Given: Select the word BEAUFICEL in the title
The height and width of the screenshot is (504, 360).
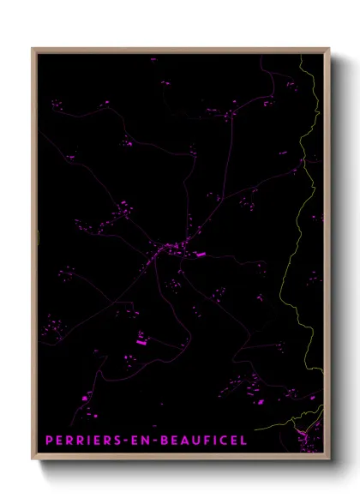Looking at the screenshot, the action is (x=203, y=440).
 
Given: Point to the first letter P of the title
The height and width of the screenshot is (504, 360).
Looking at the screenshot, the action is (x=49, y=440).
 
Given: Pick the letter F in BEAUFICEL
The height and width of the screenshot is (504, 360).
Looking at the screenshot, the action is (x=207, y=440).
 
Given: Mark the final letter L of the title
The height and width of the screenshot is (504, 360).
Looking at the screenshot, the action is (x=243, y=440).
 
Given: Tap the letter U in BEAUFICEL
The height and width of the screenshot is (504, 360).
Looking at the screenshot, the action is (x=195, y=440).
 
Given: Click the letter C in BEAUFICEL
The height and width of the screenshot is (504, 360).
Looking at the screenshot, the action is (x=222, y=440).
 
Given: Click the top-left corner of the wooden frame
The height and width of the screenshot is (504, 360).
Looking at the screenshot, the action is (x=33, y=49).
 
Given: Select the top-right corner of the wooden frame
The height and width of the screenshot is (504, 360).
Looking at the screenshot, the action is (x=329, y=49).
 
